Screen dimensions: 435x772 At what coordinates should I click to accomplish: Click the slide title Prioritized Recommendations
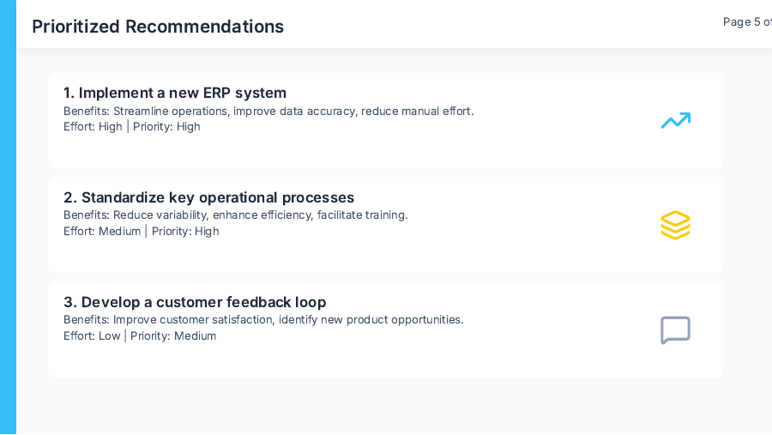pos(158,27)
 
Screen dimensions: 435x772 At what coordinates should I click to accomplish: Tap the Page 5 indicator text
pos(746,22)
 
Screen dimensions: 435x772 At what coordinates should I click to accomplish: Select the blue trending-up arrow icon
pos(675,121)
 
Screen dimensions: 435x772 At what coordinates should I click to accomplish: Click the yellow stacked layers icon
pos(675,225)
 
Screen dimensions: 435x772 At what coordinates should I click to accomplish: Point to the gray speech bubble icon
pos(675,330)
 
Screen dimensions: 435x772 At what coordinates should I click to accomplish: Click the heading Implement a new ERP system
pos(175,93)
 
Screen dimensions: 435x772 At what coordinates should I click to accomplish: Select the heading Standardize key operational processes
pos(208,197)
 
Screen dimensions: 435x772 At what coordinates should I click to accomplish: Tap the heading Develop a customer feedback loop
pos(195,302)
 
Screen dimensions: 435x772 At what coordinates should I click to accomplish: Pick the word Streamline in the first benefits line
pos(142,111)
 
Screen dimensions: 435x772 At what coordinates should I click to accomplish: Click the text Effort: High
pos(93,127)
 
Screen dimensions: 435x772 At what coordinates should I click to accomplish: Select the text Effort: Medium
pos(102,232)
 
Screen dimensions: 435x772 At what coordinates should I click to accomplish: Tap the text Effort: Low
pos(92,336)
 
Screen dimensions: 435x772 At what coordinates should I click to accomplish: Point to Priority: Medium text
pos(173,336)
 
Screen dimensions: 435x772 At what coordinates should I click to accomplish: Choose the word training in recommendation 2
pos(384,215)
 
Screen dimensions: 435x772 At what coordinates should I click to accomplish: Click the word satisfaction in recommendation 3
pos(243,320)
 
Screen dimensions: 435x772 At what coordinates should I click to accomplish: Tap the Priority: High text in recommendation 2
pos(185,232)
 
